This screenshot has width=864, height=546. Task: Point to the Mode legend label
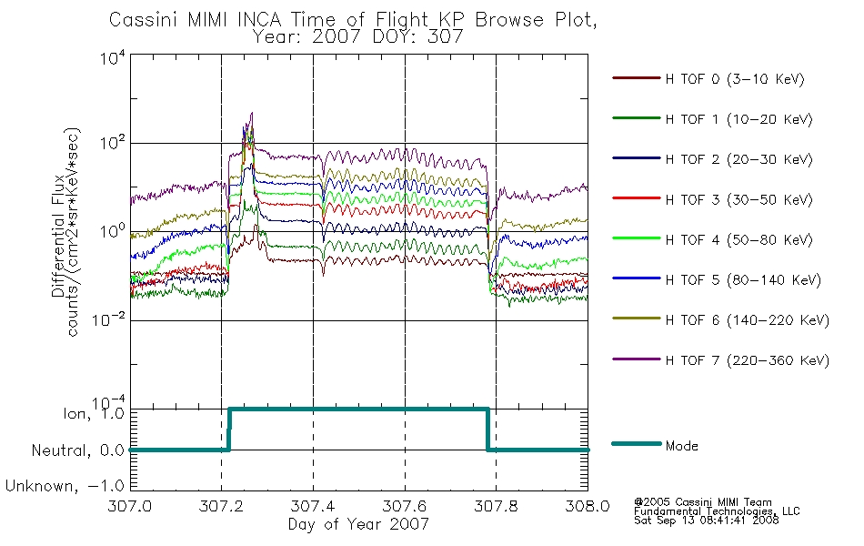coord(681,446)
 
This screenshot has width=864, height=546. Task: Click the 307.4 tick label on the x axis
coord(313,506)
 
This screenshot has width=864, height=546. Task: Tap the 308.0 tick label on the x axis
coord(588,506)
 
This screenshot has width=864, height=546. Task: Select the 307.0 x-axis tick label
coord(129,506)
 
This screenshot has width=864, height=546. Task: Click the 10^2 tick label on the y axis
coord(113,142)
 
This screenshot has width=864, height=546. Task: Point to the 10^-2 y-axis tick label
coord(108,319)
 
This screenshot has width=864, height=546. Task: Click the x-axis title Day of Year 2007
coord(358,524)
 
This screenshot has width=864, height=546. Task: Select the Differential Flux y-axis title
coord(58,236)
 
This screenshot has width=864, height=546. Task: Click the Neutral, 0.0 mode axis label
coord(77,450)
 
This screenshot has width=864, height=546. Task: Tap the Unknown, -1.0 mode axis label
coord(65,486)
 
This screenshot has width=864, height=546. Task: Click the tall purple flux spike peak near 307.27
coord(252,113)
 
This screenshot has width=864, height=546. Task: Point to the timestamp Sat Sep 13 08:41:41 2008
coord(707,521)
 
